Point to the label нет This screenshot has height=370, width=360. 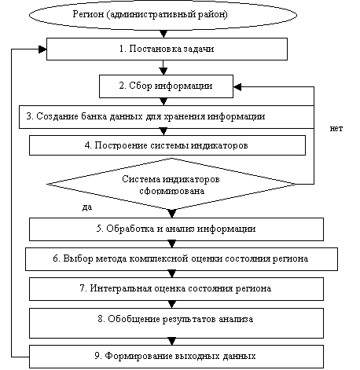click(336, 128)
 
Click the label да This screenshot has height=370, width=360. click(87, 207)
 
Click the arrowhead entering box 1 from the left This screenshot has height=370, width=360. click(42, 49)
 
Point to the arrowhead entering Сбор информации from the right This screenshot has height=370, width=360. click(237, 87)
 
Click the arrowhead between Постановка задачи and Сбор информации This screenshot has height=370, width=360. click(163, 71)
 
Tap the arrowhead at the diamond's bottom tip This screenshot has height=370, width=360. click(172, 214)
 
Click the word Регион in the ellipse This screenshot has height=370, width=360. click(88, 14)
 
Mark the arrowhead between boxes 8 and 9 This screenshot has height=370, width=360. click(172, 342)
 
